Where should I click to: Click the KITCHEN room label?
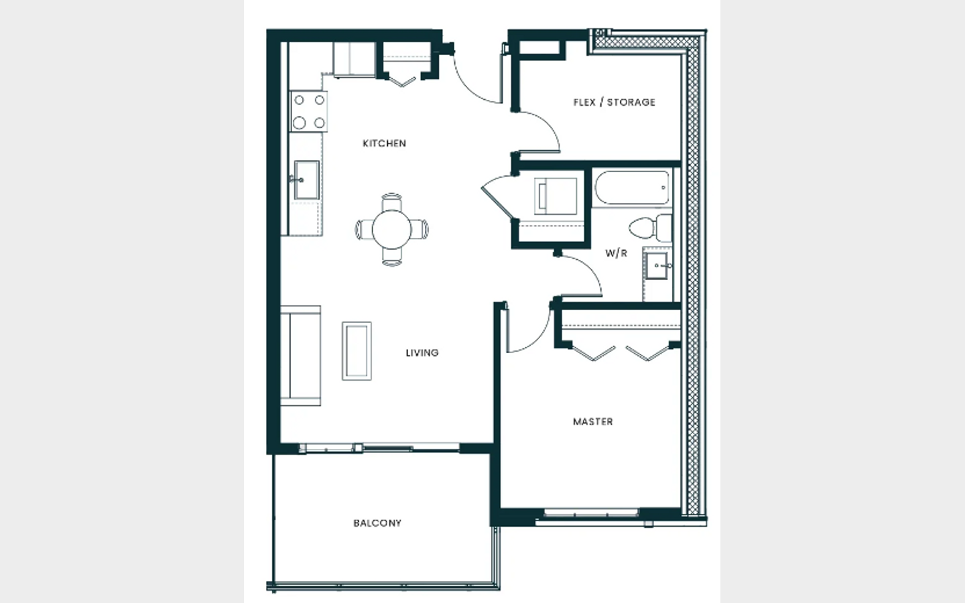384,143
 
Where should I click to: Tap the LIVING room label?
422,352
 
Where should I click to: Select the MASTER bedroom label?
593,421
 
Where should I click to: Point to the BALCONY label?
377,523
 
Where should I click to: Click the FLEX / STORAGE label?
615,102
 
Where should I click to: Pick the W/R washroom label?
616,253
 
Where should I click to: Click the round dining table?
391,230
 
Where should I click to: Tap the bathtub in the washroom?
632,188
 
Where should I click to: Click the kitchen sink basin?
306,180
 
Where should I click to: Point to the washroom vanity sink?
657,265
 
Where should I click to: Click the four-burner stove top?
308,111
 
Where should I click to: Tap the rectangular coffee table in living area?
357,351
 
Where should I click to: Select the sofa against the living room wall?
301,355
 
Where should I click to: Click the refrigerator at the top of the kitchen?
354,60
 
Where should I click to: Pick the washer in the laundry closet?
556,196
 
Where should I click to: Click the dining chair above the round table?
391,202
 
